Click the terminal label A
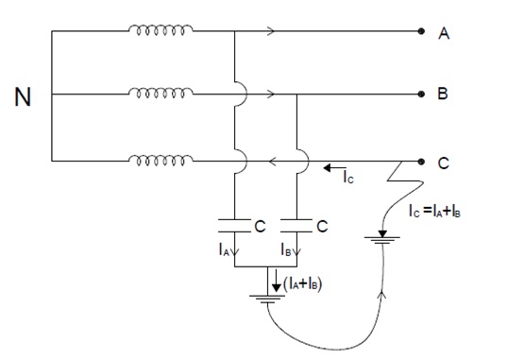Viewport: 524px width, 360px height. tap(445, 32)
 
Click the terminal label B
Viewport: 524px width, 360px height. tap(445, 95)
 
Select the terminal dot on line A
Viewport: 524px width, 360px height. tap(421, 31)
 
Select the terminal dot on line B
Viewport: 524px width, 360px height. tap(421, 94)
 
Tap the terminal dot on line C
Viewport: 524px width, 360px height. tap(421, 161)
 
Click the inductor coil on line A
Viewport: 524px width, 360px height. tap(161, 30)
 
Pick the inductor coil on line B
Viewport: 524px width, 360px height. tap(161, 94)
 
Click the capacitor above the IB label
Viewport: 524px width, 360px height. tap(296, 225)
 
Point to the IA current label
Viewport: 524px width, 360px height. tap(223, 251)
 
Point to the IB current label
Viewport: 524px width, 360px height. tap(285, 251)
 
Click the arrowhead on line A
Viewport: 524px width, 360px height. tap(273, 31)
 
